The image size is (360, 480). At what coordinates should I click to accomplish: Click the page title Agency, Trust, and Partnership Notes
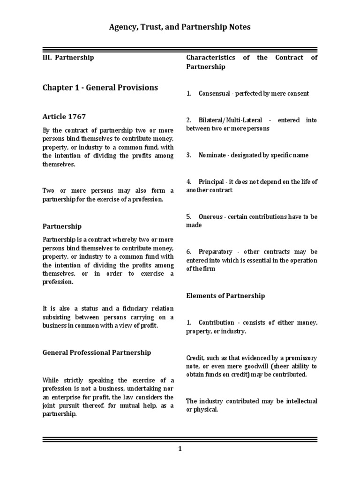coord(180,27)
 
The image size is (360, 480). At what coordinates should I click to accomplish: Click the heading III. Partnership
coord(68,57)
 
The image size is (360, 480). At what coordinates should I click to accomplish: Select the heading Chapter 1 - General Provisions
coord(100,88)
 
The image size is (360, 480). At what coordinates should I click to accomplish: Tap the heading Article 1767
coord(64,116)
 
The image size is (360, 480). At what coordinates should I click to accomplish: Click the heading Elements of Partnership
coord(225,296)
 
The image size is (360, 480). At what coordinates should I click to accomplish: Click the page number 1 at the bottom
coord(180,449)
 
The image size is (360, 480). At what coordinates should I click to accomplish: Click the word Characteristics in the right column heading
coord(210,57)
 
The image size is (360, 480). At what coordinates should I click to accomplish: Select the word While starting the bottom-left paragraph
coord(51,380)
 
